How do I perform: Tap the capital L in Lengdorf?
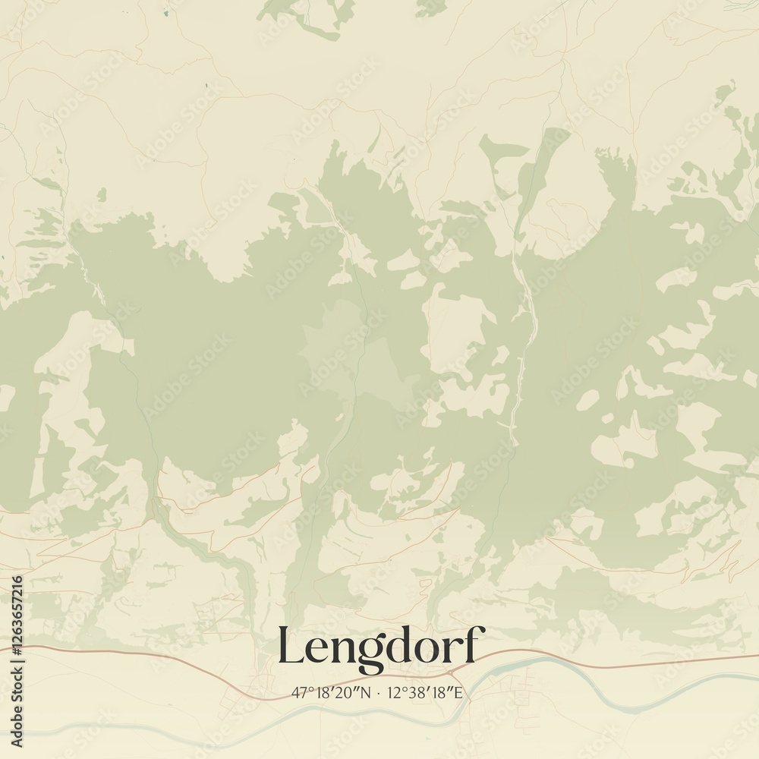291,645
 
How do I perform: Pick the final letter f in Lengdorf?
472,644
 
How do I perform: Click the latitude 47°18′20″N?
332,692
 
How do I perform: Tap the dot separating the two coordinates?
380,692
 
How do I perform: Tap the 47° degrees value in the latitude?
300,692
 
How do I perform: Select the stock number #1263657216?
17,622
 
